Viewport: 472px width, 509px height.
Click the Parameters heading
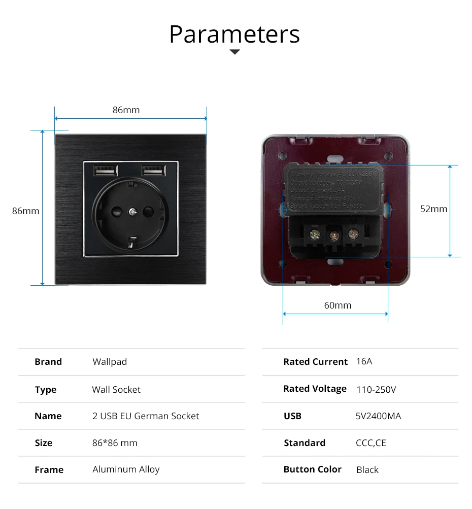(x=234, y=34)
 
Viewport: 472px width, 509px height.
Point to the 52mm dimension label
(x=433, y=209)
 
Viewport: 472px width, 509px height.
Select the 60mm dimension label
(x=338, y=305)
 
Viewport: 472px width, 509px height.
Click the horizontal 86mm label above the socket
(x=126, y=110)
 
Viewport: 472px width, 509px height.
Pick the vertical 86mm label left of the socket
(x=25, y=211)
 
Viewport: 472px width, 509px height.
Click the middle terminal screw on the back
(x=333, y=235)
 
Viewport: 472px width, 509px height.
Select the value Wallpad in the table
(x=110, y=362)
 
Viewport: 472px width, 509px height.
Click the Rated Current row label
(x=315, y=362)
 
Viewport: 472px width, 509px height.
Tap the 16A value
(x=364, y=361)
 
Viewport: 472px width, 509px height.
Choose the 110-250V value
(x=376, y=390)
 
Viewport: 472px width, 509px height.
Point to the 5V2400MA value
(x=378, y=416)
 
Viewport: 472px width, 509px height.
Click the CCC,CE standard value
(x=370, y=443)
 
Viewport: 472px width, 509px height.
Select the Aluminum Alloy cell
(x=126, y=469)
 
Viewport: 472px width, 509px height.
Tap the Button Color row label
(x=312, y=469)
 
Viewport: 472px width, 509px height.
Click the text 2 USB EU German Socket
(x=146, y=416)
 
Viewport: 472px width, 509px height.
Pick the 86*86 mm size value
(x=115, y=443)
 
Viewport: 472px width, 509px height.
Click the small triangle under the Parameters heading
(x=234, y=52)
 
